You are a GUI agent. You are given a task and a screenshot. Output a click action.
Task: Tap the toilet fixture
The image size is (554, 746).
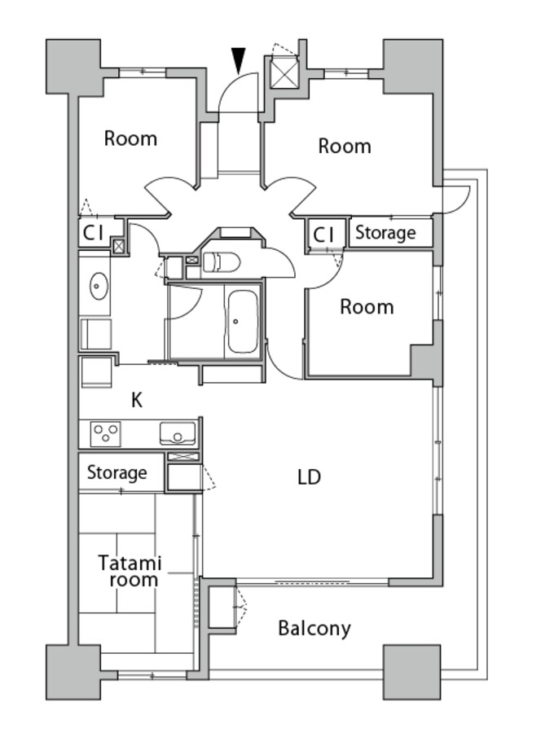pos(222,262)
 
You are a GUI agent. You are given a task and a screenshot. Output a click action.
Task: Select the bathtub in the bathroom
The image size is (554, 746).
pos(243,321)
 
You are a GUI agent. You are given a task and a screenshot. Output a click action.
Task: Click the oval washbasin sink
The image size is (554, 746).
pos(99,286)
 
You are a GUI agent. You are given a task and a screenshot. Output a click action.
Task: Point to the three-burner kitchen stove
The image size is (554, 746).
pos(106,434)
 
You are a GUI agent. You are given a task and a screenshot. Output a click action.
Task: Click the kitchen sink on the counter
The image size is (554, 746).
pos(178,433)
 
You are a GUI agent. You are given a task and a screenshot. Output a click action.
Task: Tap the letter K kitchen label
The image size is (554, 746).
pos(137,401)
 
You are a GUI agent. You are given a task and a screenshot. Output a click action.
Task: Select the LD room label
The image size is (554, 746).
pos(310,476)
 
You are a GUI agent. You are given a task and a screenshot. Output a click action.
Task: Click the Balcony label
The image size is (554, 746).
pos(314,629)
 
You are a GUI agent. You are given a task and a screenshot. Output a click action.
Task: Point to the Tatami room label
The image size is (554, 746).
pos(130,571)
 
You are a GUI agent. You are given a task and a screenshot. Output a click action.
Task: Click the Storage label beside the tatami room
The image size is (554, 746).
pos(117,473)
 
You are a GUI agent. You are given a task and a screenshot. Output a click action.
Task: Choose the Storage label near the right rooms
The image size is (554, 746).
pos(385,233)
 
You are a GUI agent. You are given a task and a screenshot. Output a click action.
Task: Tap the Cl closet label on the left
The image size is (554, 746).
pos(94,233)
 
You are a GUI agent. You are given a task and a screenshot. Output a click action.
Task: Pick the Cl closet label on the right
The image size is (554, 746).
pos(323,235)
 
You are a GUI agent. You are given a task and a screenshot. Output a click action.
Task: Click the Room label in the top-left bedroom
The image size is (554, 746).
pos(130,138)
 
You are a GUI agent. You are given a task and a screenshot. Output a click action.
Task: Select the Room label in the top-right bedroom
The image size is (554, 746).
pos(345,146)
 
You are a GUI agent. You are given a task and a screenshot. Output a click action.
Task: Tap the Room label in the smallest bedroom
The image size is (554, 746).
pos(367,307)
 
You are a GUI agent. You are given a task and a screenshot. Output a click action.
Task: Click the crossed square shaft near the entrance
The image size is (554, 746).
pos(284,72)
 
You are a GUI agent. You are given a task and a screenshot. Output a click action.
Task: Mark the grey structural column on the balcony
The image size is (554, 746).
pos(411,672)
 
